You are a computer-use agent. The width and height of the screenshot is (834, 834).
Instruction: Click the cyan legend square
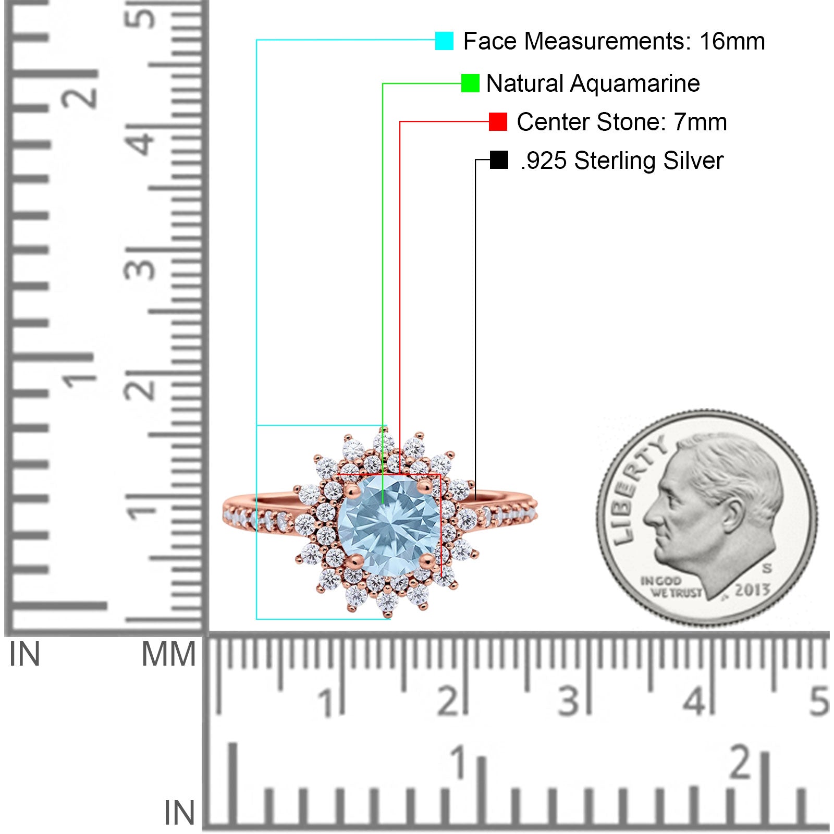(444, 41)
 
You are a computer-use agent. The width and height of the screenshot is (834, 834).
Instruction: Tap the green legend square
(470, 83)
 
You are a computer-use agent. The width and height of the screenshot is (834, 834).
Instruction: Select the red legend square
(498, 122)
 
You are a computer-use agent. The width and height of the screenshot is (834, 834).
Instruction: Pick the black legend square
(499, 160)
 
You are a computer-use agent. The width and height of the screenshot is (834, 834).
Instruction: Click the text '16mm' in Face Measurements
(732, 41)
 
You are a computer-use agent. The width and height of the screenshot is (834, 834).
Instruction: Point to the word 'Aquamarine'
(634, 84)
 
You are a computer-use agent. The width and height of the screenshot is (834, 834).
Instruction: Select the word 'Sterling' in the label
(615, 161)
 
